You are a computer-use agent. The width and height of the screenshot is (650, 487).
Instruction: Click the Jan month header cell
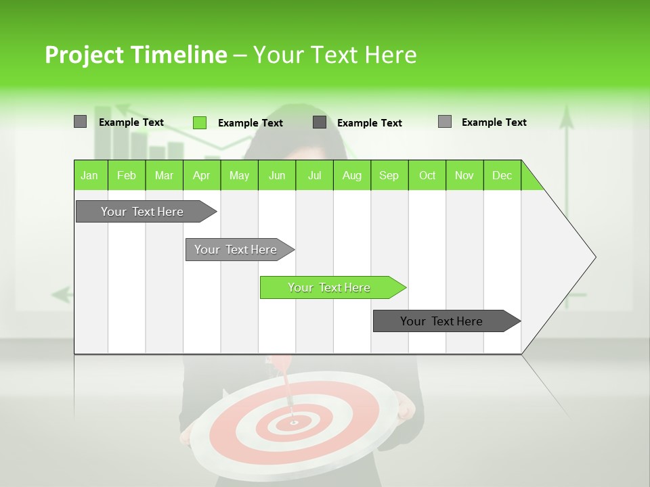90,175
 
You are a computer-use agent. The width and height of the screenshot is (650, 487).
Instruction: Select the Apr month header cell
202,175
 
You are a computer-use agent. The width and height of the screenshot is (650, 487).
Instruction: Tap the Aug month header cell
352,175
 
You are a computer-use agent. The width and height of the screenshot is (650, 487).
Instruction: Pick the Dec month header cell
502,175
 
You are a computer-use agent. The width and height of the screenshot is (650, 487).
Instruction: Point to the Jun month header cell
277,175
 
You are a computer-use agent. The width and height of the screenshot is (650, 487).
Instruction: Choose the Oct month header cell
427,175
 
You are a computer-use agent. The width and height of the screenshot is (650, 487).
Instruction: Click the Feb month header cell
127,175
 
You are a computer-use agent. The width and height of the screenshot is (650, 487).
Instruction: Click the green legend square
200,122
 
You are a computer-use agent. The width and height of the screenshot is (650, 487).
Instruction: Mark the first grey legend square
81,122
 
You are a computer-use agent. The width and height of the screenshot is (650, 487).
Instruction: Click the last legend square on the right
445,122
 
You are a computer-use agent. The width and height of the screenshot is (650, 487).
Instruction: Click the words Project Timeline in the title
135,55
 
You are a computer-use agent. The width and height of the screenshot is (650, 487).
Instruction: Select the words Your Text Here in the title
335,55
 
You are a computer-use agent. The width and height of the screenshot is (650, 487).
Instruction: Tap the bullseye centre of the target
294,423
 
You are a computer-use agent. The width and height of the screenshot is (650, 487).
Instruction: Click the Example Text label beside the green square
251,123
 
